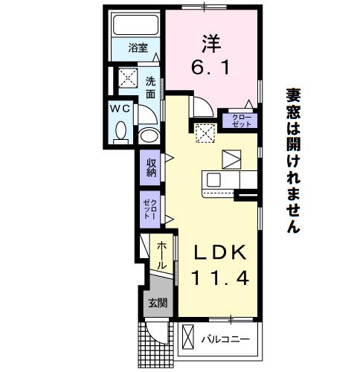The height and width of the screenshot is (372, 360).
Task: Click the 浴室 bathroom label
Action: (x=138, y=48)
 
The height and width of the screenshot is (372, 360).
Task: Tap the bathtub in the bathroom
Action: (x=135, y=25)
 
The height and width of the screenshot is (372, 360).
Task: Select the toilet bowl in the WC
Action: (x=121, y=132)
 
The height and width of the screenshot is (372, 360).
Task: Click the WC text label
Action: (x=120, y=109)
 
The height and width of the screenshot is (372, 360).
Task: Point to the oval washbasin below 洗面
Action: (x=149, y=135)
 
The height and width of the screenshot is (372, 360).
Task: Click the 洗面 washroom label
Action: (x=150, y=88)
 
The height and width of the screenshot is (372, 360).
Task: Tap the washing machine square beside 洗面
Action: (x=128, y=78)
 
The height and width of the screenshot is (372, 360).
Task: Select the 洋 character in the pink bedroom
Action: (x=211, y=44)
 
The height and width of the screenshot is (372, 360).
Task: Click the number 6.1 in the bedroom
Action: (x=210, y=68)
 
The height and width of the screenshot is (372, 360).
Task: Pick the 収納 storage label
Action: (x=151, y=167)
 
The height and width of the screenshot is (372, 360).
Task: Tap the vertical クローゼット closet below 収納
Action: (x=150, y=209)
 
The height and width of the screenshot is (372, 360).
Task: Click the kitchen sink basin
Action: (x=213, y=179)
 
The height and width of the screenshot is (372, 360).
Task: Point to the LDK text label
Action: (x=220, y=252)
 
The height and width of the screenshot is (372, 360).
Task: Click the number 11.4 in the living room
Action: (x=220, y=278)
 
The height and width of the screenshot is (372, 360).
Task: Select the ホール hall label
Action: (x=161, y=256)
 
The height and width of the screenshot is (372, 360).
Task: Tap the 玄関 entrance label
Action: (x=158, y=303)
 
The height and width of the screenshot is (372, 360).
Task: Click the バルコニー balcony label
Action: (x=225, y=339)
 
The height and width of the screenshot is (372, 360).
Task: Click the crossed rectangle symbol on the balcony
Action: (x=187, y=336)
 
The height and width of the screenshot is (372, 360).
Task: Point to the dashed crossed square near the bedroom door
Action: (x=205, y=134)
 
